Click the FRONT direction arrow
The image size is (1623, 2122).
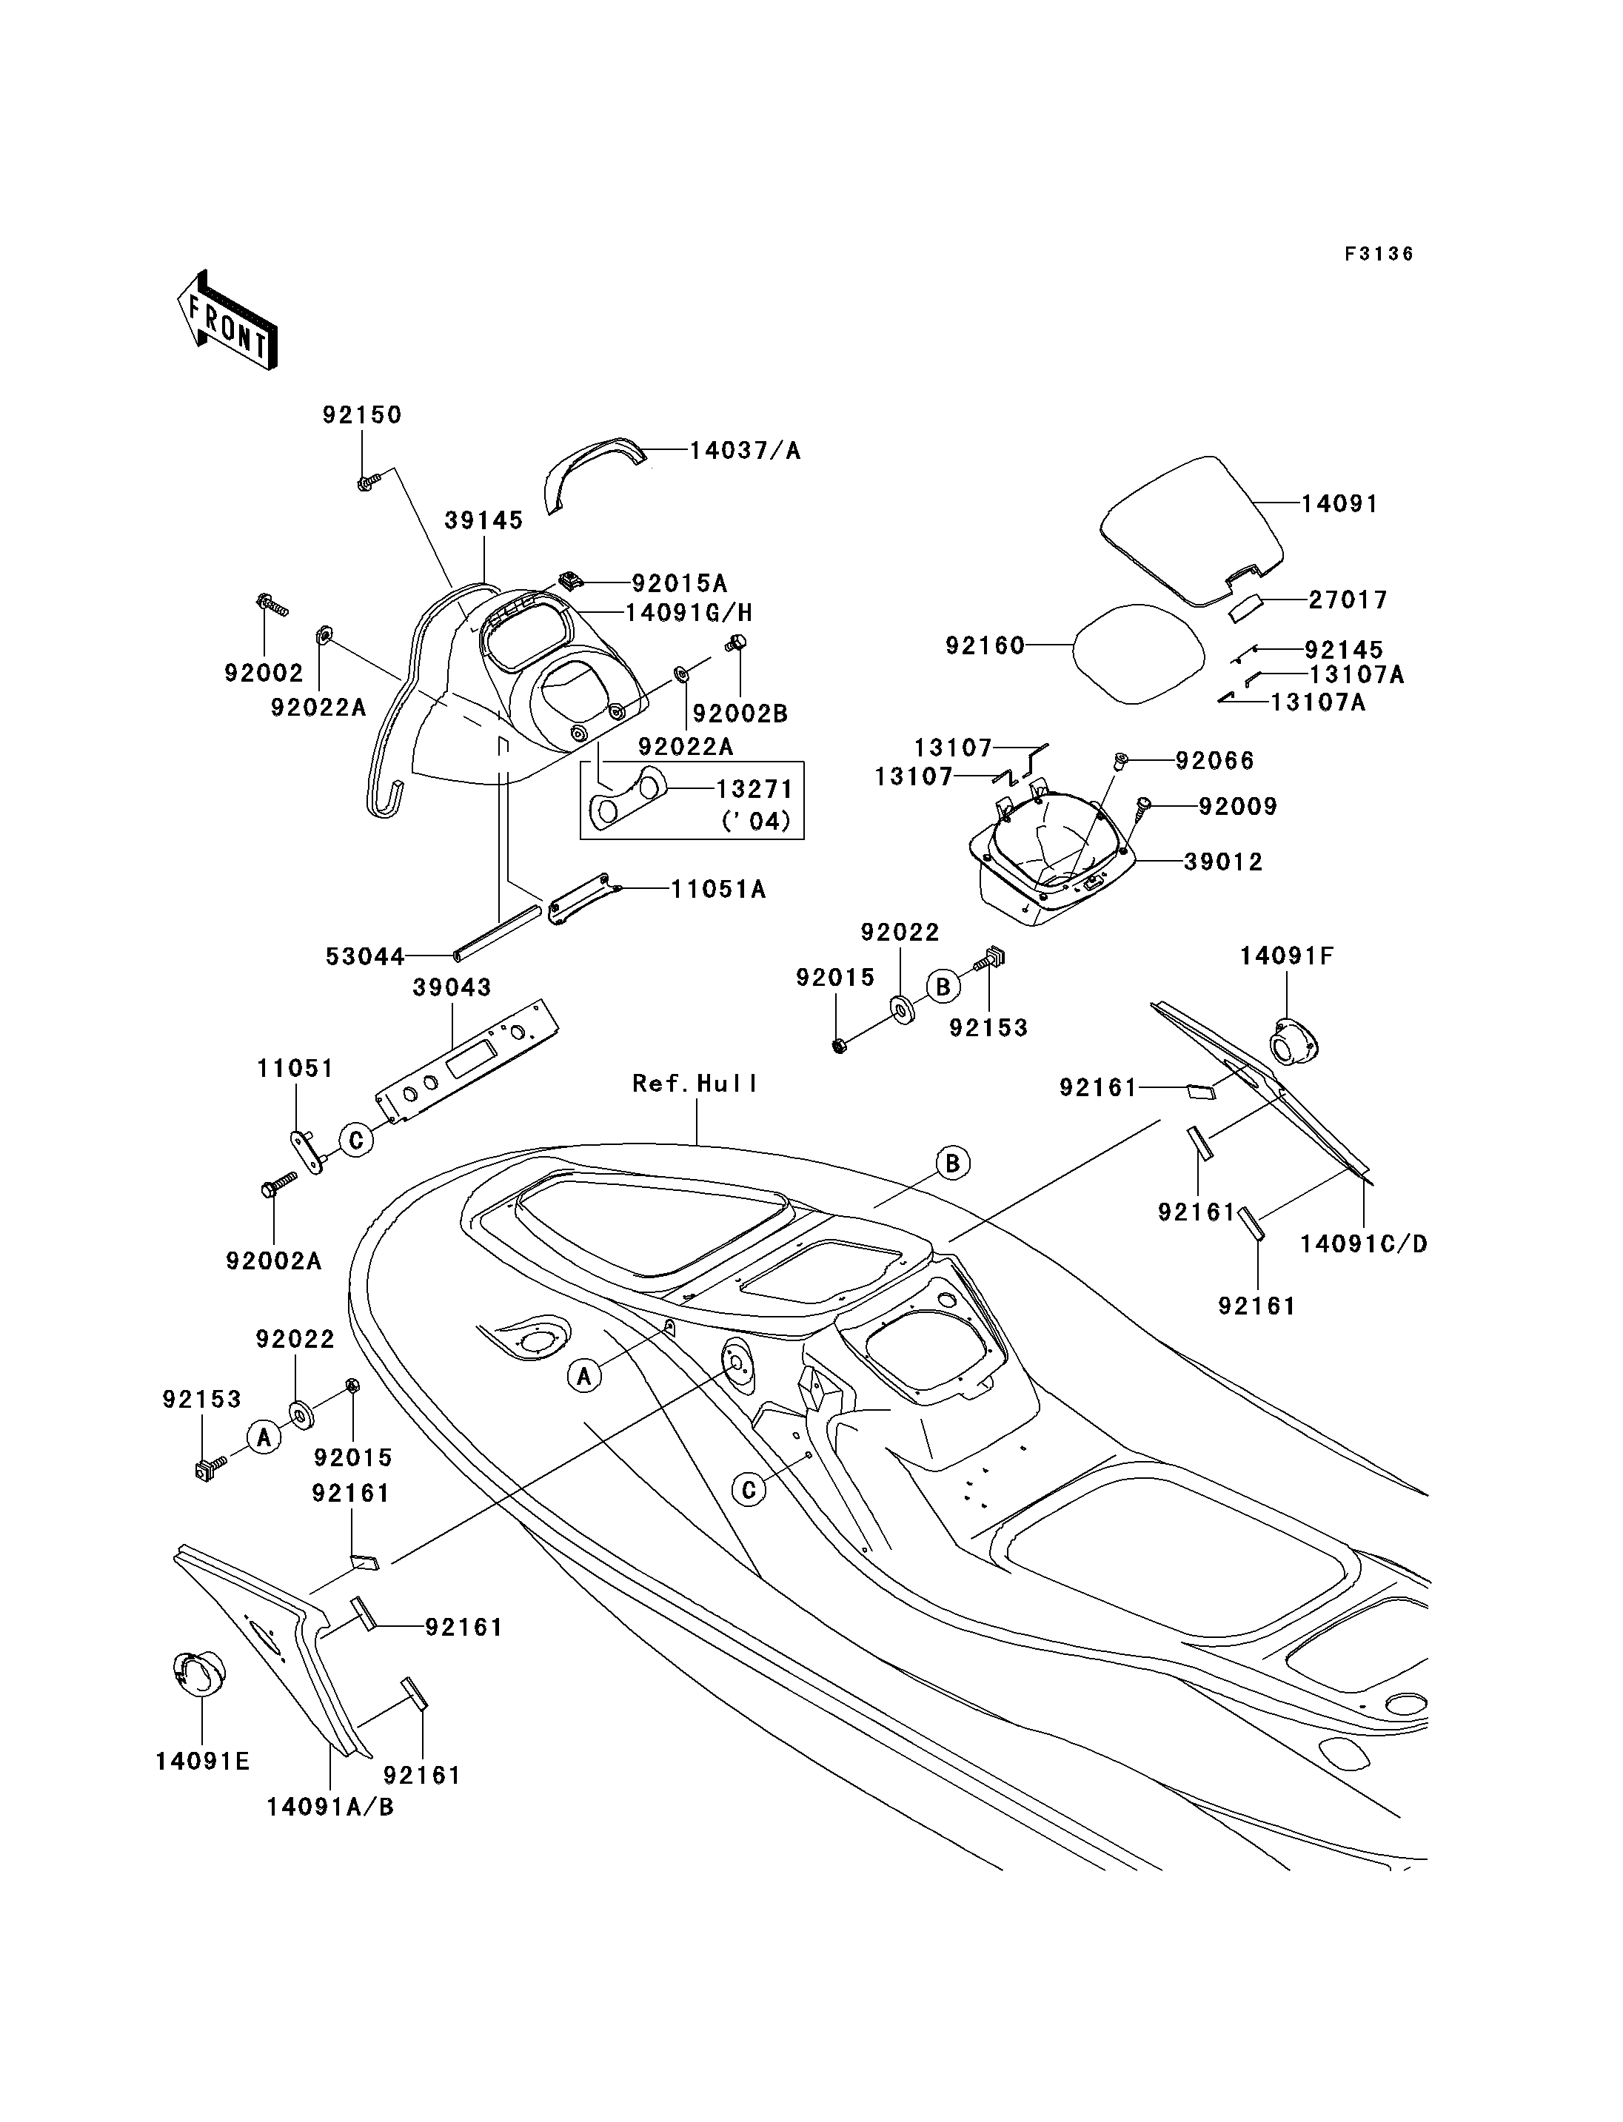(x=228, y=320)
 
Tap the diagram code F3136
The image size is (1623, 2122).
(x=1379, y=254)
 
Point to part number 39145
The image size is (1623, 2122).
(x=484, y=520)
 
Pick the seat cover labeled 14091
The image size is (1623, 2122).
(x=1194, y=530)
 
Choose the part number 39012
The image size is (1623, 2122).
(x=1223, y=862)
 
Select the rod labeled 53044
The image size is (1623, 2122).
(x=498, y=933)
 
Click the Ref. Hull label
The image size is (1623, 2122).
(x=695, y=1084)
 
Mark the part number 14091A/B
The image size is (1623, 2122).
(x=330, y=1806)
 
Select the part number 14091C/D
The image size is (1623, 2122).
(x=1363, y=1244)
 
